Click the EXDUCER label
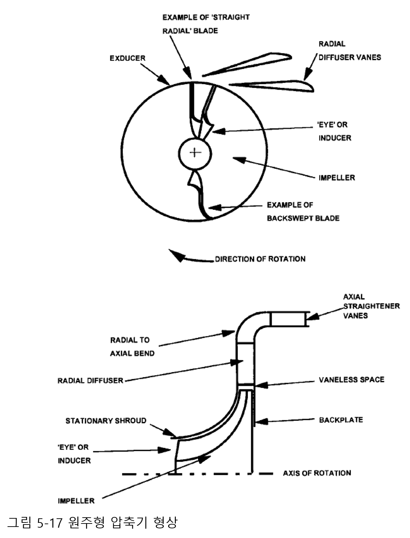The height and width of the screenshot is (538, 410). [x=127, y=58]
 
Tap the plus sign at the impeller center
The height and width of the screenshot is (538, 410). [x=195, y=152]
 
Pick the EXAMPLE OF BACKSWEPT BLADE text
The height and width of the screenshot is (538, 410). [x=303, y=212]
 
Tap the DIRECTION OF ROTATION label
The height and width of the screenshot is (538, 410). [x=260, y=259]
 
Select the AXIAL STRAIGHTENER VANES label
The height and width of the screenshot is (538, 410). [x=371, y=306]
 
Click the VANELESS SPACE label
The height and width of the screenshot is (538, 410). [x=351, y=380]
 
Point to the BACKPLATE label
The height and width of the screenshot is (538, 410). [x=341, y=420]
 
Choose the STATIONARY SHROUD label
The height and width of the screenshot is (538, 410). [x=106, y=421]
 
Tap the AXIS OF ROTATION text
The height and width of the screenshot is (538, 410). [x=317, y=473]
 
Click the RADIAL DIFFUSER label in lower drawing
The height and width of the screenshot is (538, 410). [x=90, y=381]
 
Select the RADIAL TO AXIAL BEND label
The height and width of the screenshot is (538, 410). [x=132, y=347]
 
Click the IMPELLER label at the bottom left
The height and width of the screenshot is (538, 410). [x=76, y=501]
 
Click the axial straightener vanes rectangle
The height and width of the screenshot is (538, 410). [x=288, y=319]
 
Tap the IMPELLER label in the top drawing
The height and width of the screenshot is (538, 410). [x=336, y=178]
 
